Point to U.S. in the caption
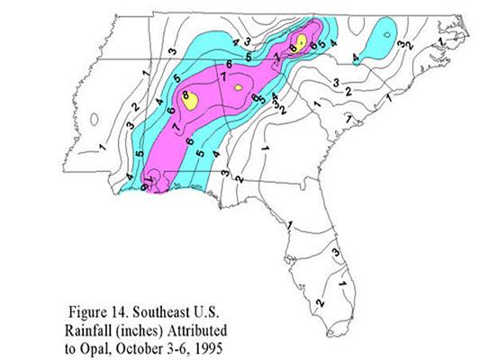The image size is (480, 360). (204, 298)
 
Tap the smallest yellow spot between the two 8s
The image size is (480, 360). (237, 88)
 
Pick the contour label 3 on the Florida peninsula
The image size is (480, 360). (335, 254)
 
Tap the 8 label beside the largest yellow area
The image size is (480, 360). (186, 94)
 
